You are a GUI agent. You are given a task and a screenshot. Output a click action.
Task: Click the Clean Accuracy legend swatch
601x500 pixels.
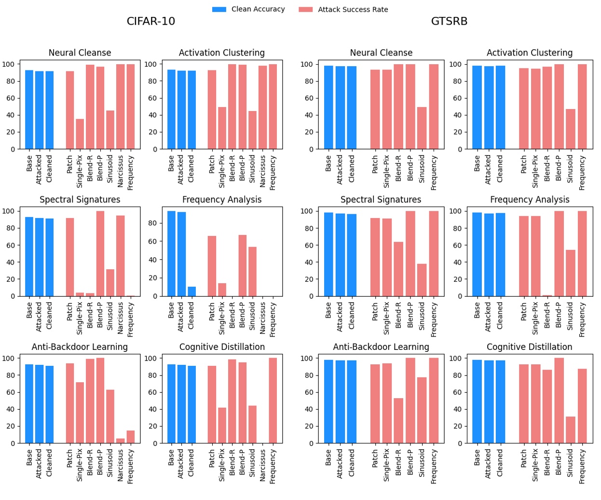tap(219, 10)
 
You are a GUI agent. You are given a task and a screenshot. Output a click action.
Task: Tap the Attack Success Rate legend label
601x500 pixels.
tap(353, 10)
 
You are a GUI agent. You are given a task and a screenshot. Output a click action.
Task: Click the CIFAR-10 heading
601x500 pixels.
tap(150, 21)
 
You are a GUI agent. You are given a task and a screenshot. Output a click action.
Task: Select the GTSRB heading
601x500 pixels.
tap(449, 21)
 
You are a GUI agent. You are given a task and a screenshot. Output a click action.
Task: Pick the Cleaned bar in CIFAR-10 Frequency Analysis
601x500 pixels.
tap(191, 292)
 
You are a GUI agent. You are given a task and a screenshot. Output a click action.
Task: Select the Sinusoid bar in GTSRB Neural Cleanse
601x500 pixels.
tap(422, 128)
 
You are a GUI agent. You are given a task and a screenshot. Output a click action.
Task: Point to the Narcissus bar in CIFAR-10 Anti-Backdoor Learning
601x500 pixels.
tap(120, 441)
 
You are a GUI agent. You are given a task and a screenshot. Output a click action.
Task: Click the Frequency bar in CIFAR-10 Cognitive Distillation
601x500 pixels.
tap(273, 401)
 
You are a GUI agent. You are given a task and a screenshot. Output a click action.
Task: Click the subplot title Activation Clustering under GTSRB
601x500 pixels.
tap(529, 53)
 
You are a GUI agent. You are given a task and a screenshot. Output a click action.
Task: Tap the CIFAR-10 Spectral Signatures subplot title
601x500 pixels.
tap(80, 200)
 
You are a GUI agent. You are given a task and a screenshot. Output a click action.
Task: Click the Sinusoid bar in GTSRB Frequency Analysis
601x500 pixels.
tap(570, 273)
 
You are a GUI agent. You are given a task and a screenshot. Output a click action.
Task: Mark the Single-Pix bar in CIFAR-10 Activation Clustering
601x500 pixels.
tap(222, 128)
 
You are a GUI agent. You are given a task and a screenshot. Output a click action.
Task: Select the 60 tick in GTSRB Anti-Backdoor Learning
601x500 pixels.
tap(307, 392)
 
